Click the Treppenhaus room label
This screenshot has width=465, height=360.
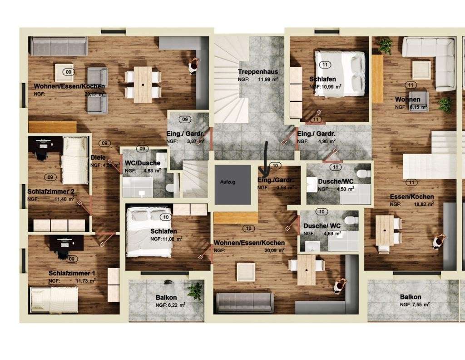coord(258,72)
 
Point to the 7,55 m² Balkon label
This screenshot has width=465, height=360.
coord(411,297)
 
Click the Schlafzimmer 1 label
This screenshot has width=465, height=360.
coord(72,273)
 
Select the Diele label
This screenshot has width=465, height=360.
coord(98,158)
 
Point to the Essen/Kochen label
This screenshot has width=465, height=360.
coord(411,197)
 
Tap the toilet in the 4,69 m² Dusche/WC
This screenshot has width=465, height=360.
coord(348,220)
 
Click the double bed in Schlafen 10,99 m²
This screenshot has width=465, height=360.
coord(341,73)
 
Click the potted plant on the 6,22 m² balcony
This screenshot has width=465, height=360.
coord(196,290)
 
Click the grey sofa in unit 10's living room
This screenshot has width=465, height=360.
coord(244,302)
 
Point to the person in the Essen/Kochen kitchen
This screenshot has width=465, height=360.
coord(439,241)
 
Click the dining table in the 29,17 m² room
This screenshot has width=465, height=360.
coord(143,85)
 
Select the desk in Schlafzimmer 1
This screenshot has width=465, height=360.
coord(67,242)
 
